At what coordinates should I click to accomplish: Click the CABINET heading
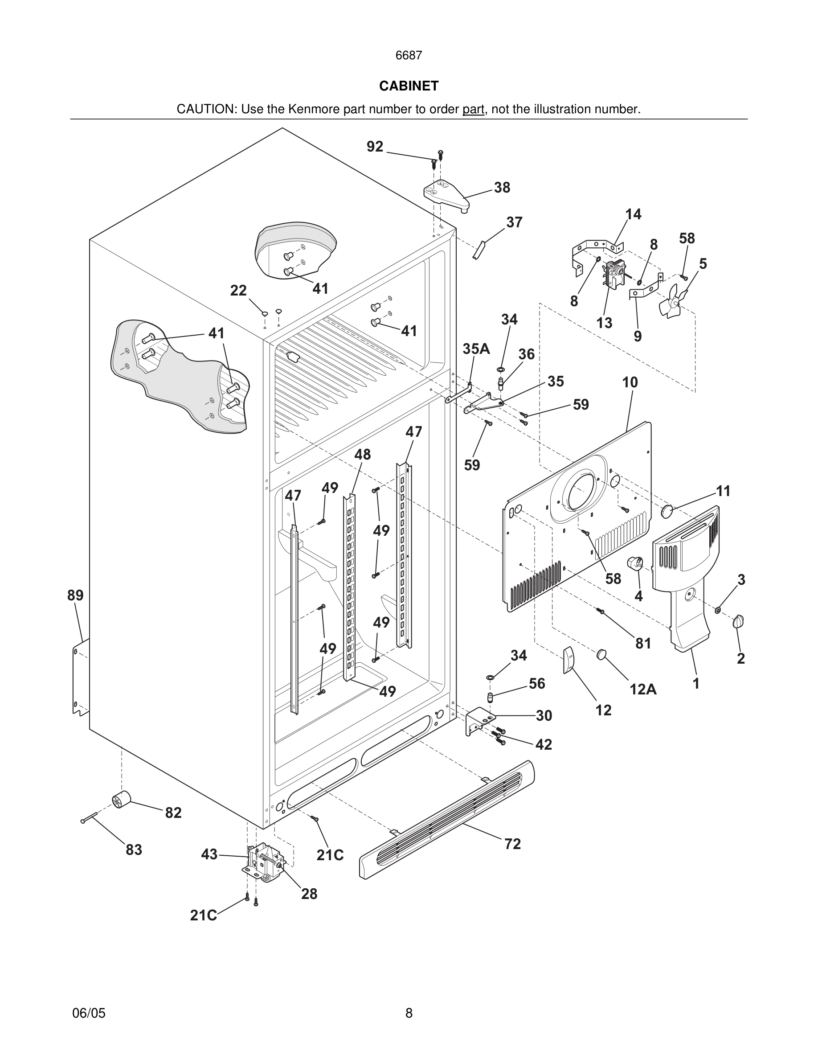point(409,86)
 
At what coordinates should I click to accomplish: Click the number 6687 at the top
point(409,55)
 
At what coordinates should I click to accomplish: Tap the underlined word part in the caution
point(473,110)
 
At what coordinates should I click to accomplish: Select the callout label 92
point(375,147)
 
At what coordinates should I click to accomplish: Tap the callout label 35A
point(476,349)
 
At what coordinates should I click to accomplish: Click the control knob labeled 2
point(740,622)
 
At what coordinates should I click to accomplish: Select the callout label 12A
point(643,689)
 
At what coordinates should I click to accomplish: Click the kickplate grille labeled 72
point(446,820)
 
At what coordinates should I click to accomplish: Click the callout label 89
point(75,595)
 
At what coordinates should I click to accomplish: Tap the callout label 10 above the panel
point(630,382)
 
